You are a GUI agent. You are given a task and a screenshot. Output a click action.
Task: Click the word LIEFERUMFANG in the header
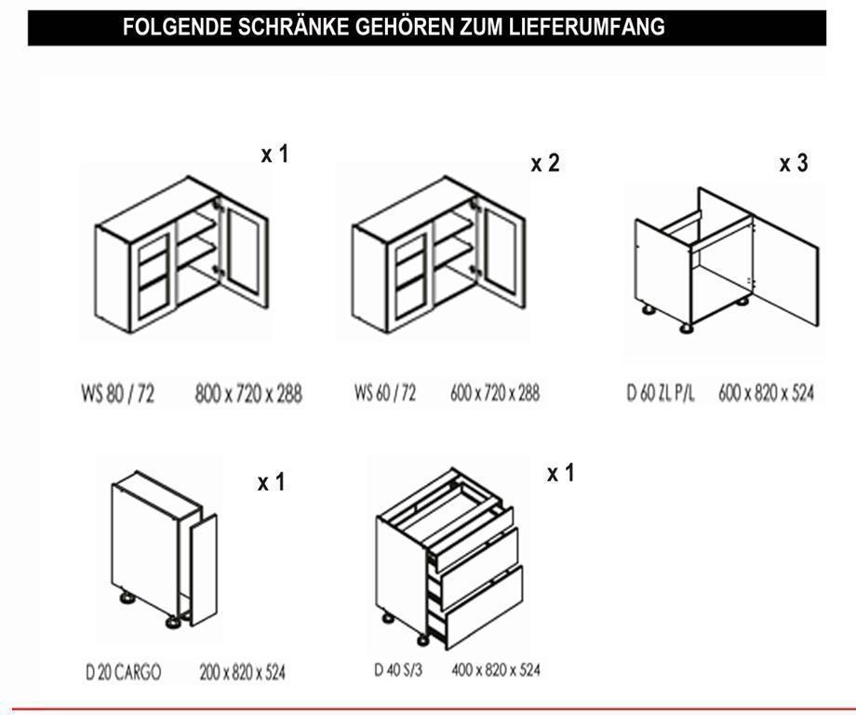(x=587, y=26)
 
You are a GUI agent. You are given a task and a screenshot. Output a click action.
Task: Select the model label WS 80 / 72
(x=118, y=393)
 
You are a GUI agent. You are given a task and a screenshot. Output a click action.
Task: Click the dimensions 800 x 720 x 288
(x=248, y=393)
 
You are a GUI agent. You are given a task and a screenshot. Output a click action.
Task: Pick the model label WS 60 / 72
(x=385, y=392)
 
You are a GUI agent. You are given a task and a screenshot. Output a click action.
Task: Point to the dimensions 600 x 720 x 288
(x=495, y=392)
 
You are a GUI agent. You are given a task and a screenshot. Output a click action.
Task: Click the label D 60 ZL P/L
(x=661, y=392)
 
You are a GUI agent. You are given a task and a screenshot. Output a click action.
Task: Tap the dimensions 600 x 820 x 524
(x=766, y=392)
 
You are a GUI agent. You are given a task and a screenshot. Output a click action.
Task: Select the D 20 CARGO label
(x=124, y=671)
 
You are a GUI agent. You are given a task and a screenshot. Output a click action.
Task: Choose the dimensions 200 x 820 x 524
(x=243, y=671)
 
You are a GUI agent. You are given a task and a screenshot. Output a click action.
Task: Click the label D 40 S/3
(x=398, y=669)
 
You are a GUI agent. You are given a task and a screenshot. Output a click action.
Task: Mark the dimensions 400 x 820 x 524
(x=496, y=669)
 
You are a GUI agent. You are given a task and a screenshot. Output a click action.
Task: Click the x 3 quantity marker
(x=794, y=163)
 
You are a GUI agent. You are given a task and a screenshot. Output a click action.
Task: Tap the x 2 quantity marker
(x=545, y=163)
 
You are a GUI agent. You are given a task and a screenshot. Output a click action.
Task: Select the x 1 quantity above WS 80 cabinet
(x=274, y=154)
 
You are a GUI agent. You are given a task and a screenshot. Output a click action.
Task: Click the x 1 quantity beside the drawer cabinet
(x=561, y=473)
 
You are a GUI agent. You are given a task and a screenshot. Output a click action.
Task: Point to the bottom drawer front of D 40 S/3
(x=484, y=607)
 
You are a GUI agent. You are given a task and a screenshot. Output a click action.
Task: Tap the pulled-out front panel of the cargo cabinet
(x=204, y=570)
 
